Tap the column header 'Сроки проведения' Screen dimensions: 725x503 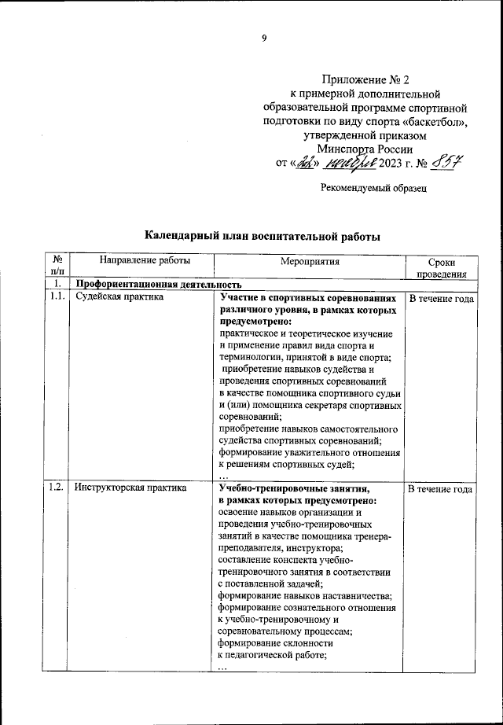coord(441,267)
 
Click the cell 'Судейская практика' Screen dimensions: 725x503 coord(119,298)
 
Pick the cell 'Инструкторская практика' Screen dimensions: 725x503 coord(130,488)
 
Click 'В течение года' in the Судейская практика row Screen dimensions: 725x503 coord(441,299)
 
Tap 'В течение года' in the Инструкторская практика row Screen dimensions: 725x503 coord(441,488)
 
